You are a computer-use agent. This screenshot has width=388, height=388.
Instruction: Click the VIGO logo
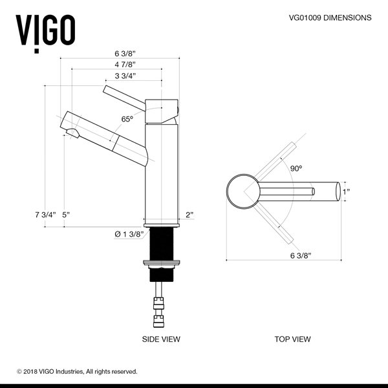pyautogui.click(x=45, y=29)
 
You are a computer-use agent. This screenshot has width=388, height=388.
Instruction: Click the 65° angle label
pyautogui.click(x=127, y=118)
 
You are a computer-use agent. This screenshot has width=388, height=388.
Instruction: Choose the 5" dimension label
pyautogui.click(x=66, y=215)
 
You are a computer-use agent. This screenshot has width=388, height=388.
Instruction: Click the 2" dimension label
pyautogui.click(x=189, y=215)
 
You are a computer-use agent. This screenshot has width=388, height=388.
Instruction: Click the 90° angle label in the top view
pyautogui.click(x=296, y=168)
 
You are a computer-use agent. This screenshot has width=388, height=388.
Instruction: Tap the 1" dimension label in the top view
pyautogui.click(x=347, y=191)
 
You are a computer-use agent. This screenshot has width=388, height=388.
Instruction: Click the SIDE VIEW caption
pyautogui.click(x=161, y=339)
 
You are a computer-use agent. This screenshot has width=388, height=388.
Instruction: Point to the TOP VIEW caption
pyautogui.click(x=292, y=339)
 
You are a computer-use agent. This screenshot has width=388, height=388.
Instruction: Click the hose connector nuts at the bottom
pyautogui.click(x=159, y=308)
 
